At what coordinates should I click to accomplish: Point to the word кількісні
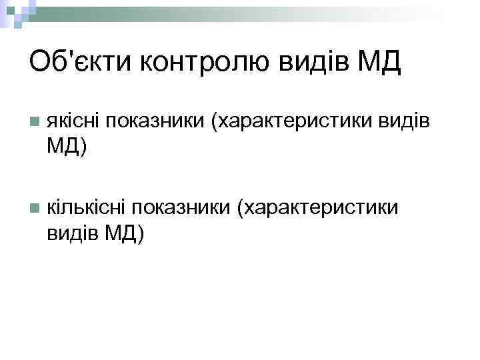point(85,208)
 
